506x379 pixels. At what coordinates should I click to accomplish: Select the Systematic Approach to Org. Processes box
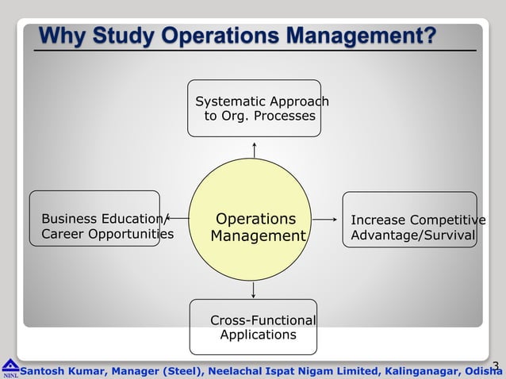pos(255,109)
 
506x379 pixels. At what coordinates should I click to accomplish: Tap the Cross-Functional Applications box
pos(253,327)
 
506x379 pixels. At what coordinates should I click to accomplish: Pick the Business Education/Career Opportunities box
pos(94,219)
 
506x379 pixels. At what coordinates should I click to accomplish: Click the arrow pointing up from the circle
pos(254,150)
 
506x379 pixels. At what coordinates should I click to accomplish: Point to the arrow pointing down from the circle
pos(253,289)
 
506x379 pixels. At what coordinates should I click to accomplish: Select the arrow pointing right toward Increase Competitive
pos(325,219)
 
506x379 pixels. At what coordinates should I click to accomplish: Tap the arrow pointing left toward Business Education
pos(178,218)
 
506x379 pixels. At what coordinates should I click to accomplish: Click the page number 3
pos(496,366)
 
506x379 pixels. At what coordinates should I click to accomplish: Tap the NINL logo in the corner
pos(10,368)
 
